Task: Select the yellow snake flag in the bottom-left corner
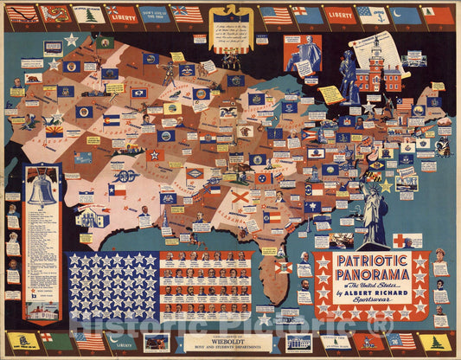click(22, 341)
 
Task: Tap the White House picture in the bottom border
click(298, 343)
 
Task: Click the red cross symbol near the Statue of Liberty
click(407, 241)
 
